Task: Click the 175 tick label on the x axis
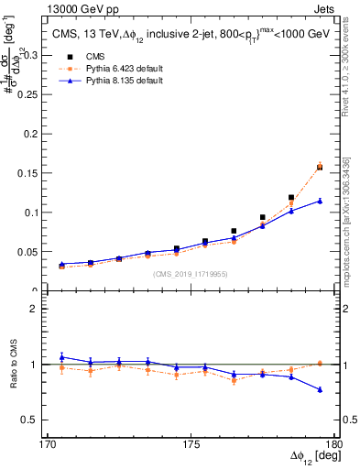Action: click(191, 444)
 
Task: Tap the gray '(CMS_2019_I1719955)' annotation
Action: click(191, 273)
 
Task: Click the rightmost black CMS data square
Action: click(320, 168)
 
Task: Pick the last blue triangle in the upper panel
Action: click(320, 201)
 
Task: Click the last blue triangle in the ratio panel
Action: click(320, 389)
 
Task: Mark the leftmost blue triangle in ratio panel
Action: click(61, 357)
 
